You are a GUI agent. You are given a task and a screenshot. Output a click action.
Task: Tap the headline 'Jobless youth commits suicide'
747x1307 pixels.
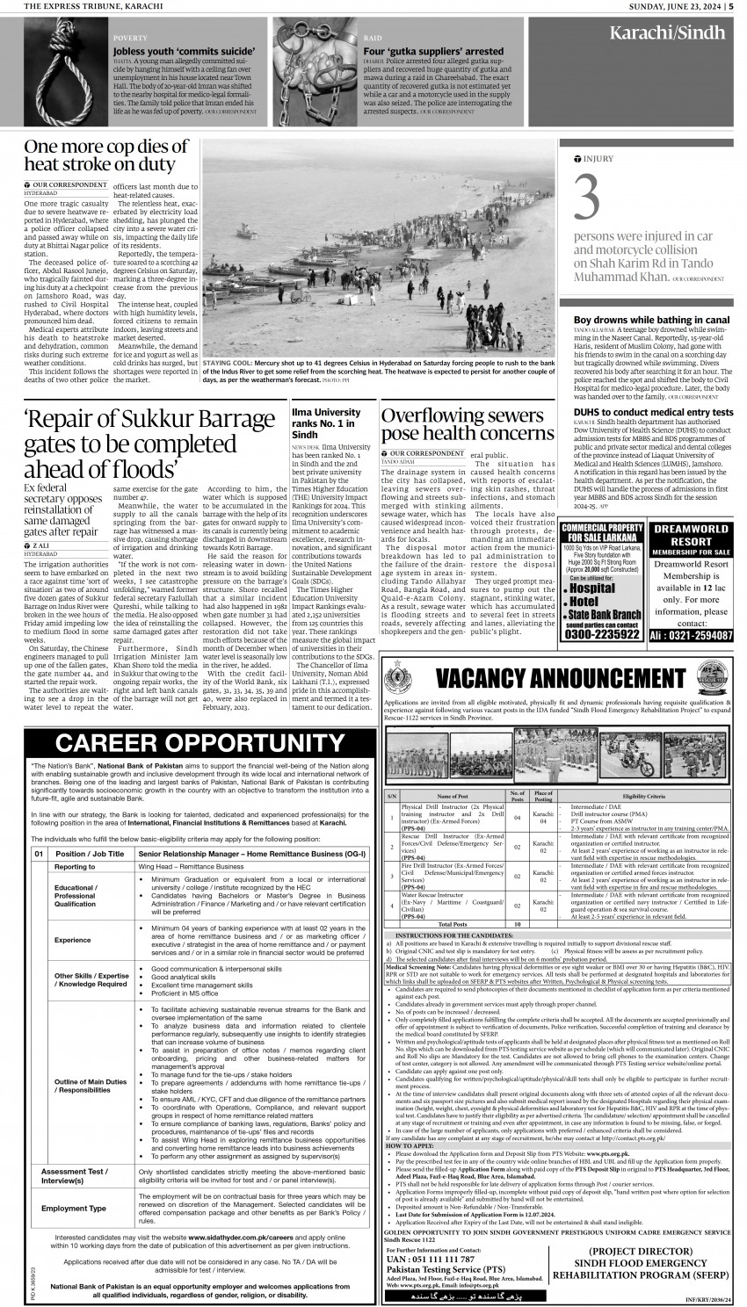pos(170,52)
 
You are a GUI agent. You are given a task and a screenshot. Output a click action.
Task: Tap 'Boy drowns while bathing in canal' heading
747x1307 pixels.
pos(651,320)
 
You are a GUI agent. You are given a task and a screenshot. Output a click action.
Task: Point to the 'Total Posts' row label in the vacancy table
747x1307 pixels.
pos(452,924)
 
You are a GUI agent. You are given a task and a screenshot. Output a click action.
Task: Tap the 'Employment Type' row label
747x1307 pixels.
pos(75,1208)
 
